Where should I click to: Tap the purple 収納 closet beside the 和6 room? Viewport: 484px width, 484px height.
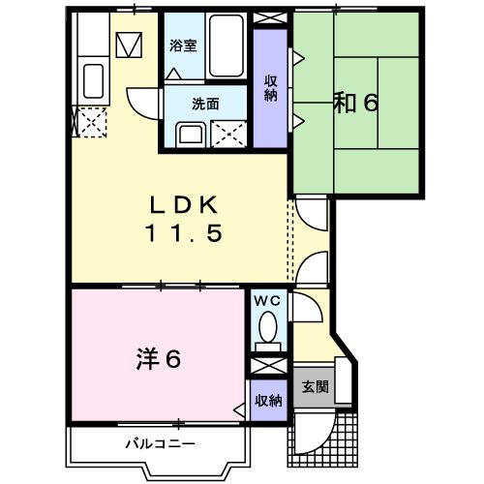(270, 88)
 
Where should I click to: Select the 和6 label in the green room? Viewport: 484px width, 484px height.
(355, 103)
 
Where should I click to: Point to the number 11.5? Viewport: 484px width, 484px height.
(185, 233)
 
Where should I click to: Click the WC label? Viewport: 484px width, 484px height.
(266, 301)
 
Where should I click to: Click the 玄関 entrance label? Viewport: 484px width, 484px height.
(314, 386)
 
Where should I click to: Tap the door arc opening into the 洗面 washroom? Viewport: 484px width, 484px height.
(143, 102)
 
